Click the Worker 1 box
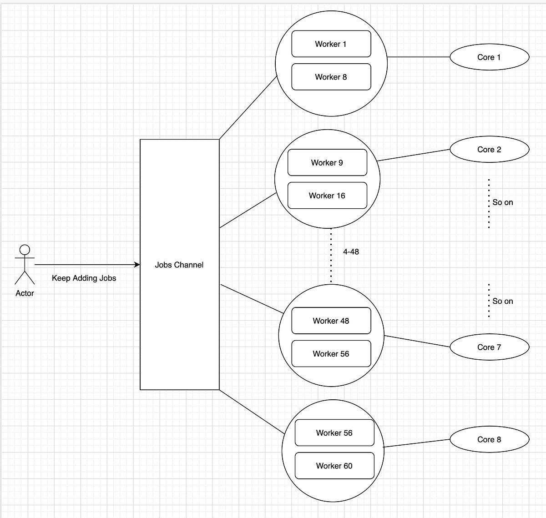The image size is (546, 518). (x=331, y=44)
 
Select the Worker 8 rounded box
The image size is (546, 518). (x=331, y=77)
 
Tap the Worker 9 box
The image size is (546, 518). (x=327, y=162)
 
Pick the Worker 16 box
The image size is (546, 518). (x=327, y=196)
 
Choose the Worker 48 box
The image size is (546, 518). (x=331, y=321)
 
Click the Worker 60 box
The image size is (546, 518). (x=334, y=466)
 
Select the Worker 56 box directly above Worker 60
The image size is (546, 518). (x=334, y=433)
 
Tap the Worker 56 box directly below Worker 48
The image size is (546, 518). (x=331, y=354)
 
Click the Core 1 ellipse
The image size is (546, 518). (x=489, y=57)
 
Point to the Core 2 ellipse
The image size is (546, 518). (x=489, y=150)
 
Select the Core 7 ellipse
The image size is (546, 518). (x=489, y=347)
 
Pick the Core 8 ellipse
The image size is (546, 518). (x=489, y=439)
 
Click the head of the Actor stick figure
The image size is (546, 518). (x=25, y=250)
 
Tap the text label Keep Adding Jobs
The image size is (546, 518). (x=84, y=278)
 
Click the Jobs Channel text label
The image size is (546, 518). (x=179, y=265)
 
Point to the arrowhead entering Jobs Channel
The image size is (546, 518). (x=137, y=265)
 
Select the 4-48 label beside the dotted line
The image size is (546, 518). (x=351, y=251)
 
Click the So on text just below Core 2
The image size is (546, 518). (x=502, y=202)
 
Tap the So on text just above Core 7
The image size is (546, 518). (x=502, y=301)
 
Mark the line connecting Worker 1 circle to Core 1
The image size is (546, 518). (x=419, y=57)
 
